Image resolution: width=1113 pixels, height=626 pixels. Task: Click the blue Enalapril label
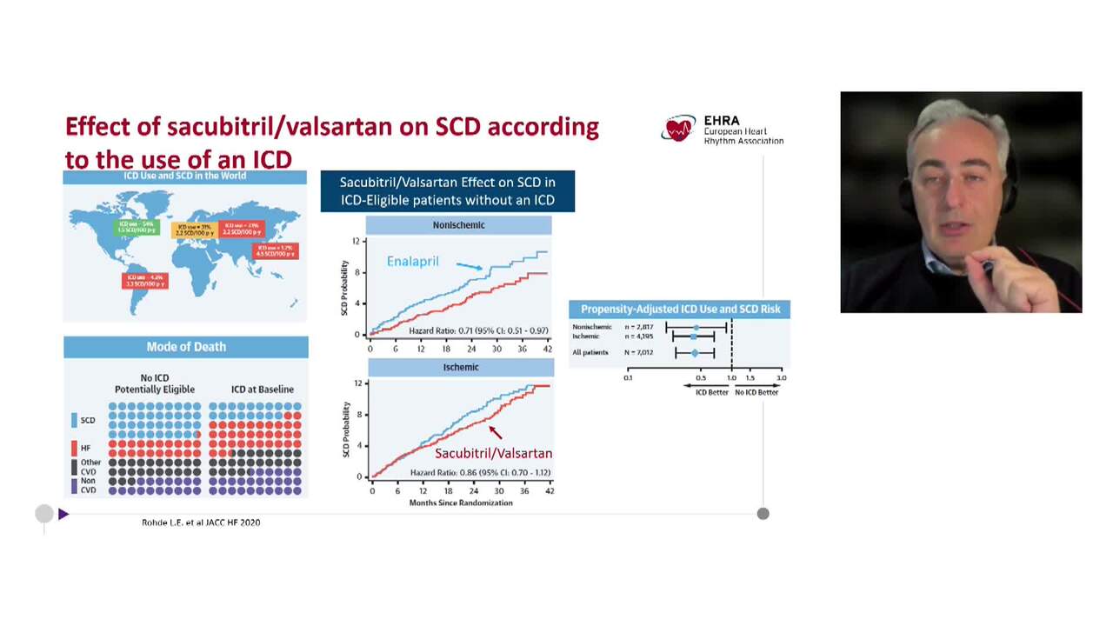click(x=412, y=261)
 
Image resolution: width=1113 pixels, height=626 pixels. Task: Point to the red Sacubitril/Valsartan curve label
click(x=493, y=453)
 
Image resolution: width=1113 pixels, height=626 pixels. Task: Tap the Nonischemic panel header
click(x=458, y=225)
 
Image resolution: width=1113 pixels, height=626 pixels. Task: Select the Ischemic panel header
click(x=460, y=367)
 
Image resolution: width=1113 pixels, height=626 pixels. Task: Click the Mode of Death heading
click(x=186, y=347)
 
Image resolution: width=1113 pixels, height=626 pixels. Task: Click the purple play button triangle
click(x=63, y=514)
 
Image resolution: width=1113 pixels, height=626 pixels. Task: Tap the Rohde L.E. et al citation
click(x=201, y=523)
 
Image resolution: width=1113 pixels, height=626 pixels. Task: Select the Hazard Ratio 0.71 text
click(x=478, y=331)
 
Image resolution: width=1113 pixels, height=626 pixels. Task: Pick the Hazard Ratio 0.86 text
click(x=480, y=473)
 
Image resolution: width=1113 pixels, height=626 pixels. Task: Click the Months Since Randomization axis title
click(x=461, y=503)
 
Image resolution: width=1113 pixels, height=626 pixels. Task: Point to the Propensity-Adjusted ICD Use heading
click(x=680, y=309)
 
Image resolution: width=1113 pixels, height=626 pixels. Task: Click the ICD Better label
click(x=712, y=392)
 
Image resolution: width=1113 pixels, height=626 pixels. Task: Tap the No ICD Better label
click(x=756, y=392)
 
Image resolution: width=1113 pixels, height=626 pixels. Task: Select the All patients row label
click(x=590, y=352)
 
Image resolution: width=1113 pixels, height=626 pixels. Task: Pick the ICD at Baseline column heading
click(x=263, y=390)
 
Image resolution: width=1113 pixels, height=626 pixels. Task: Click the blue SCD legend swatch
click(x=75, y=420)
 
